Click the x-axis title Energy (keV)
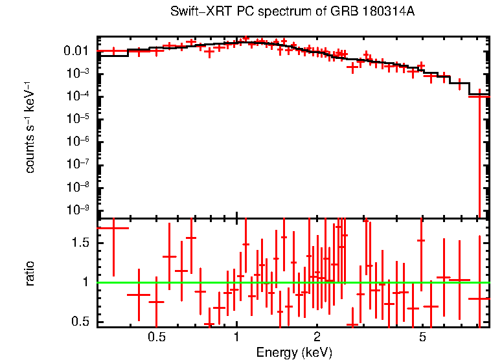pyautogui.click(x=294, y=352)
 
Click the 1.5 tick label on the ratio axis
pyautogui.click(x=81, y=243)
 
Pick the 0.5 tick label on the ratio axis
pyautogui.click(x=81, y=322)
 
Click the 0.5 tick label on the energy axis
pyautogui.click(x=155, y=337)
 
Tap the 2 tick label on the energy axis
pyautogui.click(x=317, y=337)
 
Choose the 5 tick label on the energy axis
pyautogui.click(x=422, y=337)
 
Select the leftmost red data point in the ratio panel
pyautogui.click(x=113, y=228)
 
